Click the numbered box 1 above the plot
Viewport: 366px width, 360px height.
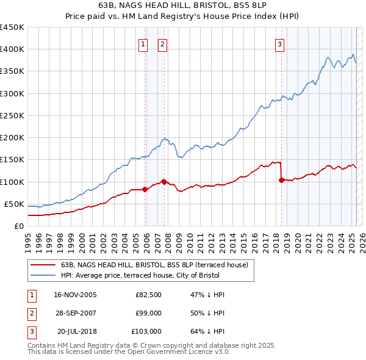coord(143,43)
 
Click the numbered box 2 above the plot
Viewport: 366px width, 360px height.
coord(163,43)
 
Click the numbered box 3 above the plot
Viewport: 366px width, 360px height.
coord(279,43)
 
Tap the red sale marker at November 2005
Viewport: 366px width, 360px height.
coord(145,189)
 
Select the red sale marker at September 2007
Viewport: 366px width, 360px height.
coord(164,181)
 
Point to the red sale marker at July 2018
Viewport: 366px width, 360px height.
coord(281,180)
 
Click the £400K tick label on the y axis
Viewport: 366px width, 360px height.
coord(12,49)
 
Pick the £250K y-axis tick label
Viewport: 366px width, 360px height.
coord(12,115)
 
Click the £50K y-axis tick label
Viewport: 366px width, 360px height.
coord(14,204)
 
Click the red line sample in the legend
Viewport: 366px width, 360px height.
coord(43,265)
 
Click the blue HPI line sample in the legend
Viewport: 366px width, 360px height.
coord(43,275)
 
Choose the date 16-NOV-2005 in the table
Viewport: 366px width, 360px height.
coord(76,295)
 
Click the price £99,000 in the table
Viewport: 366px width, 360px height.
coord(148,313)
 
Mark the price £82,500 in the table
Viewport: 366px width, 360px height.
coord(148,295)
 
